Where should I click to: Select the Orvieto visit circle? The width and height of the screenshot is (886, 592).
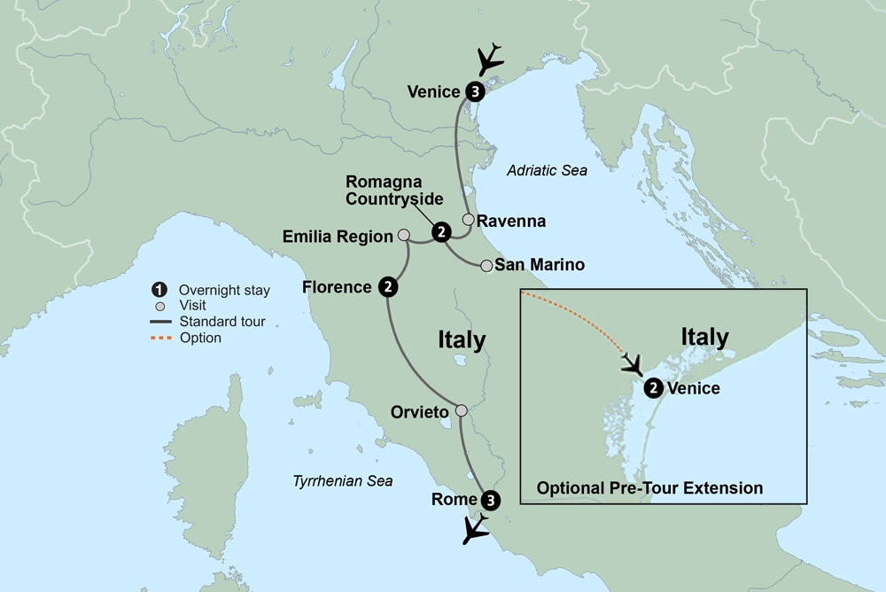point(461,410)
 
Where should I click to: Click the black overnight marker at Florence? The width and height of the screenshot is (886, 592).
point(387,286)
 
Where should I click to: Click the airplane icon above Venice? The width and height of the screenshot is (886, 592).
point(489,60)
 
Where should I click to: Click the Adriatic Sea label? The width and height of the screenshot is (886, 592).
point(547,171)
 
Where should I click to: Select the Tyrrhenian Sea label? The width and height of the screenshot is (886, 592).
point(342,480)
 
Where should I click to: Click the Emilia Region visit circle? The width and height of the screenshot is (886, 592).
point(404,236)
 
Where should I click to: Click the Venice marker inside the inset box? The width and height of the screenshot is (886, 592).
point(653,387)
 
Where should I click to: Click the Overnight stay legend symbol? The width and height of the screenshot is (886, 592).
point(159,290)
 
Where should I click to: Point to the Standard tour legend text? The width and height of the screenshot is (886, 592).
point(221,322)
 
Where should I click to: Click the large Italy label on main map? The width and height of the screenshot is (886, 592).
point(462,340)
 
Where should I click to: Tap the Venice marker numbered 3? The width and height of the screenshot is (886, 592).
point(475,91)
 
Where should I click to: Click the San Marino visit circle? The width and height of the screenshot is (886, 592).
point(486,265)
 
